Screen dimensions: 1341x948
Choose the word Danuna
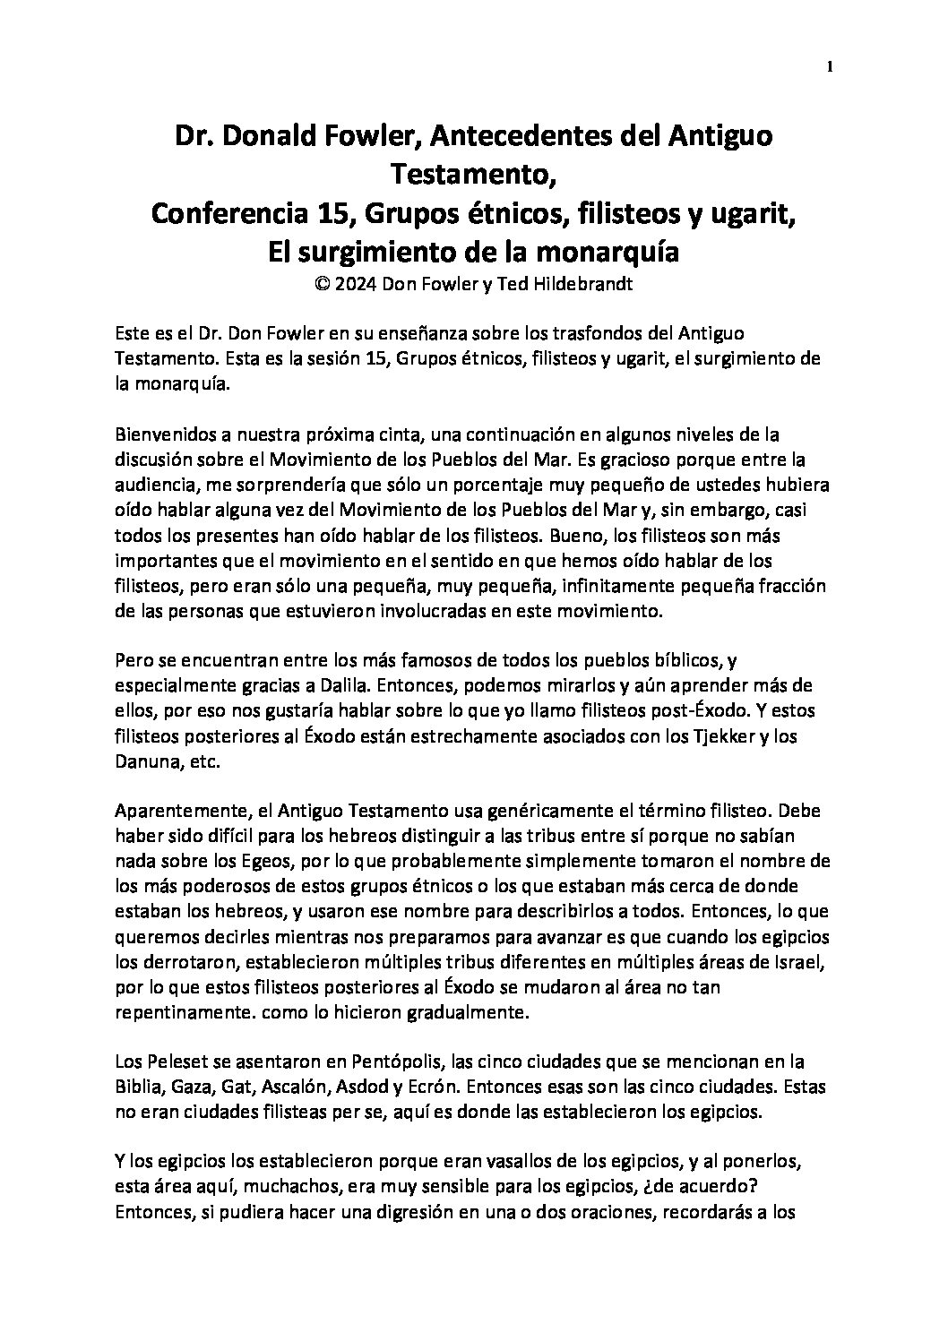click(x=147, y=761)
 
